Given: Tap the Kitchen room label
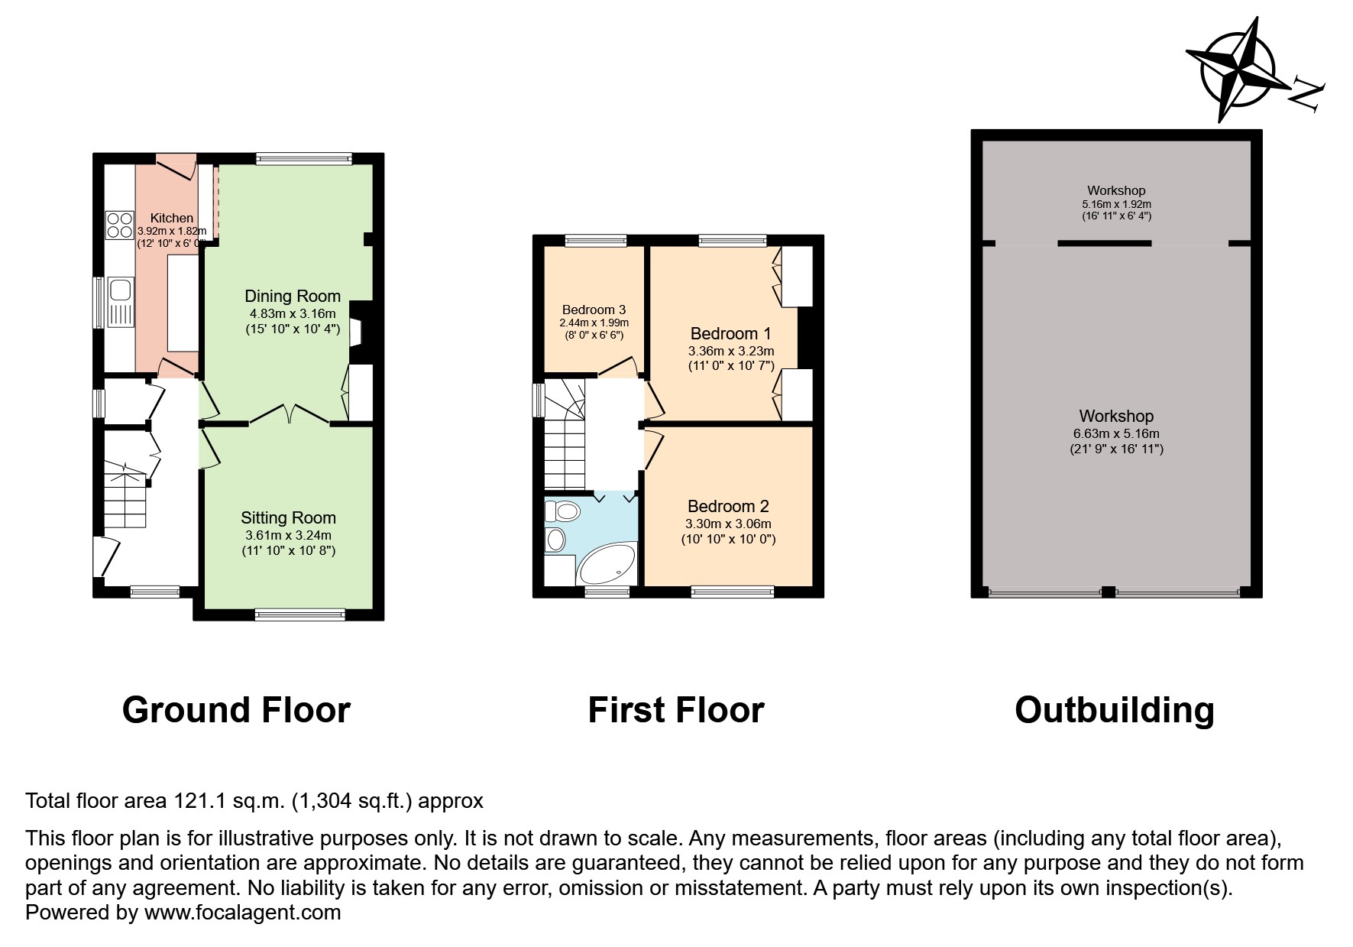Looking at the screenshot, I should pos(171,219).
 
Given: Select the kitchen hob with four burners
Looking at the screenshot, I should pos(119,225).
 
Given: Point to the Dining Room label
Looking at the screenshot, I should pos(293,297).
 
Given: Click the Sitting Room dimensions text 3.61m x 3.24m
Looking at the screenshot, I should pos(288,535).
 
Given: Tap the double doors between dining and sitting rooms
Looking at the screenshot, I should pos(290,415).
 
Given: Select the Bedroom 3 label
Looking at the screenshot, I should pos(594,310).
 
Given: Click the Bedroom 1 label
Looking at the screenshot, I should pos(730,333).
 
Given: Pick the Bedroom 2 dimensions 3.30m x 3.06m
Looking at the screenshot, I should pos(728,524).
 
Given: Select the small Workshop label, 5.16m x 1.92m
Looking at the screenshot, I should pos(1116,190).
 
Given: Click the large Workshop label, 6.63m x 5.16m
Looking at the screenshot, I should pos(1116,417).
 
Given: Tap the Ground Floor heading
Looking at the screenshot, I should pos(236,710).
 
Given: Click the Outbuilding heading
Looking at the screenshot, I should pos(1114,710).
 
